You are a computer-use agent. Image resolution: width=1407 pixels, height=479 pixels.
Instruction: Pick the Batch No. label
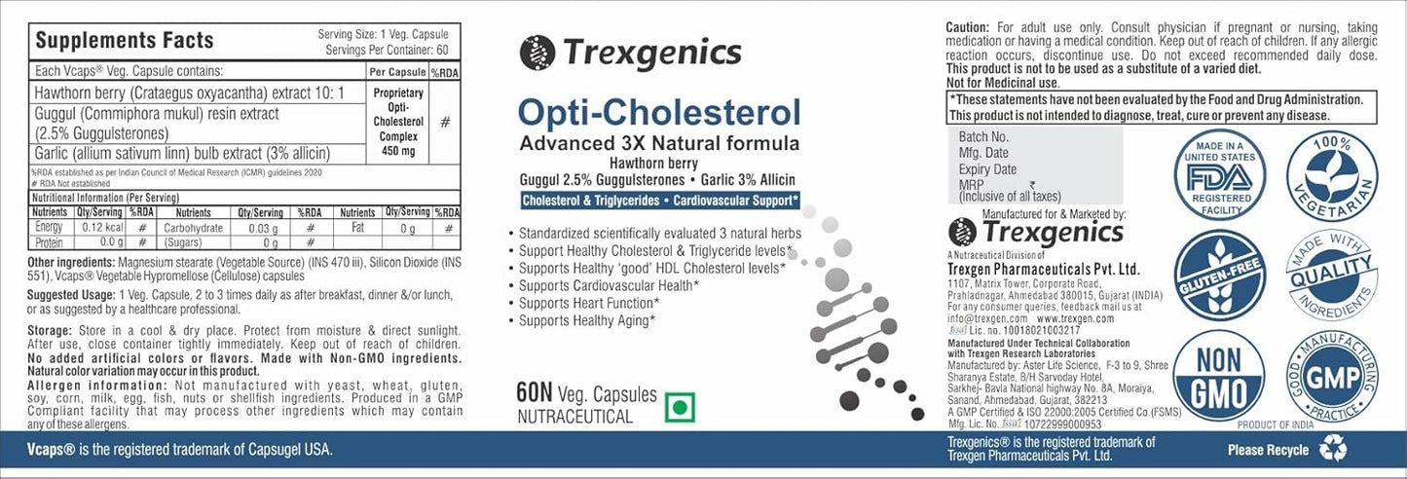pyautogui.click(x=983, y=137)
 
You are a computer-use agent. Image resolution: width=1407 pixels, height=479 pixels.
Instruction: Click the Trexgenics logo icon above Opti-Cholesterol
pyautogui.click(x=537, y=53)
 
